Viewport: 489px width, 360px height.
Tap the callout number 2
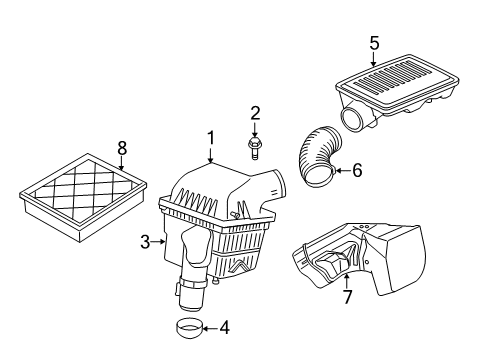coord(255,113)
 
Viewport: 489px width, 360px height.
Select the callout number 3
coord(144,241)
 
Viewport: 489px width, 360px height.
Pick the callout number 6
coord(357,171)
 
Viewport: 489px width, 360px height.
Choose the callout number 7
coord(347,297)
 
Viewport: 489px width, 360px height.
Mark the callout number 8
coord(122,147)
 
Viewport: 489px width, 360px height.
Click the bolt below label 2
coord(255,150)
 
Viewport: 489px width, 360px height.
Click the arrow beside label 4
coord(207,327)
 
